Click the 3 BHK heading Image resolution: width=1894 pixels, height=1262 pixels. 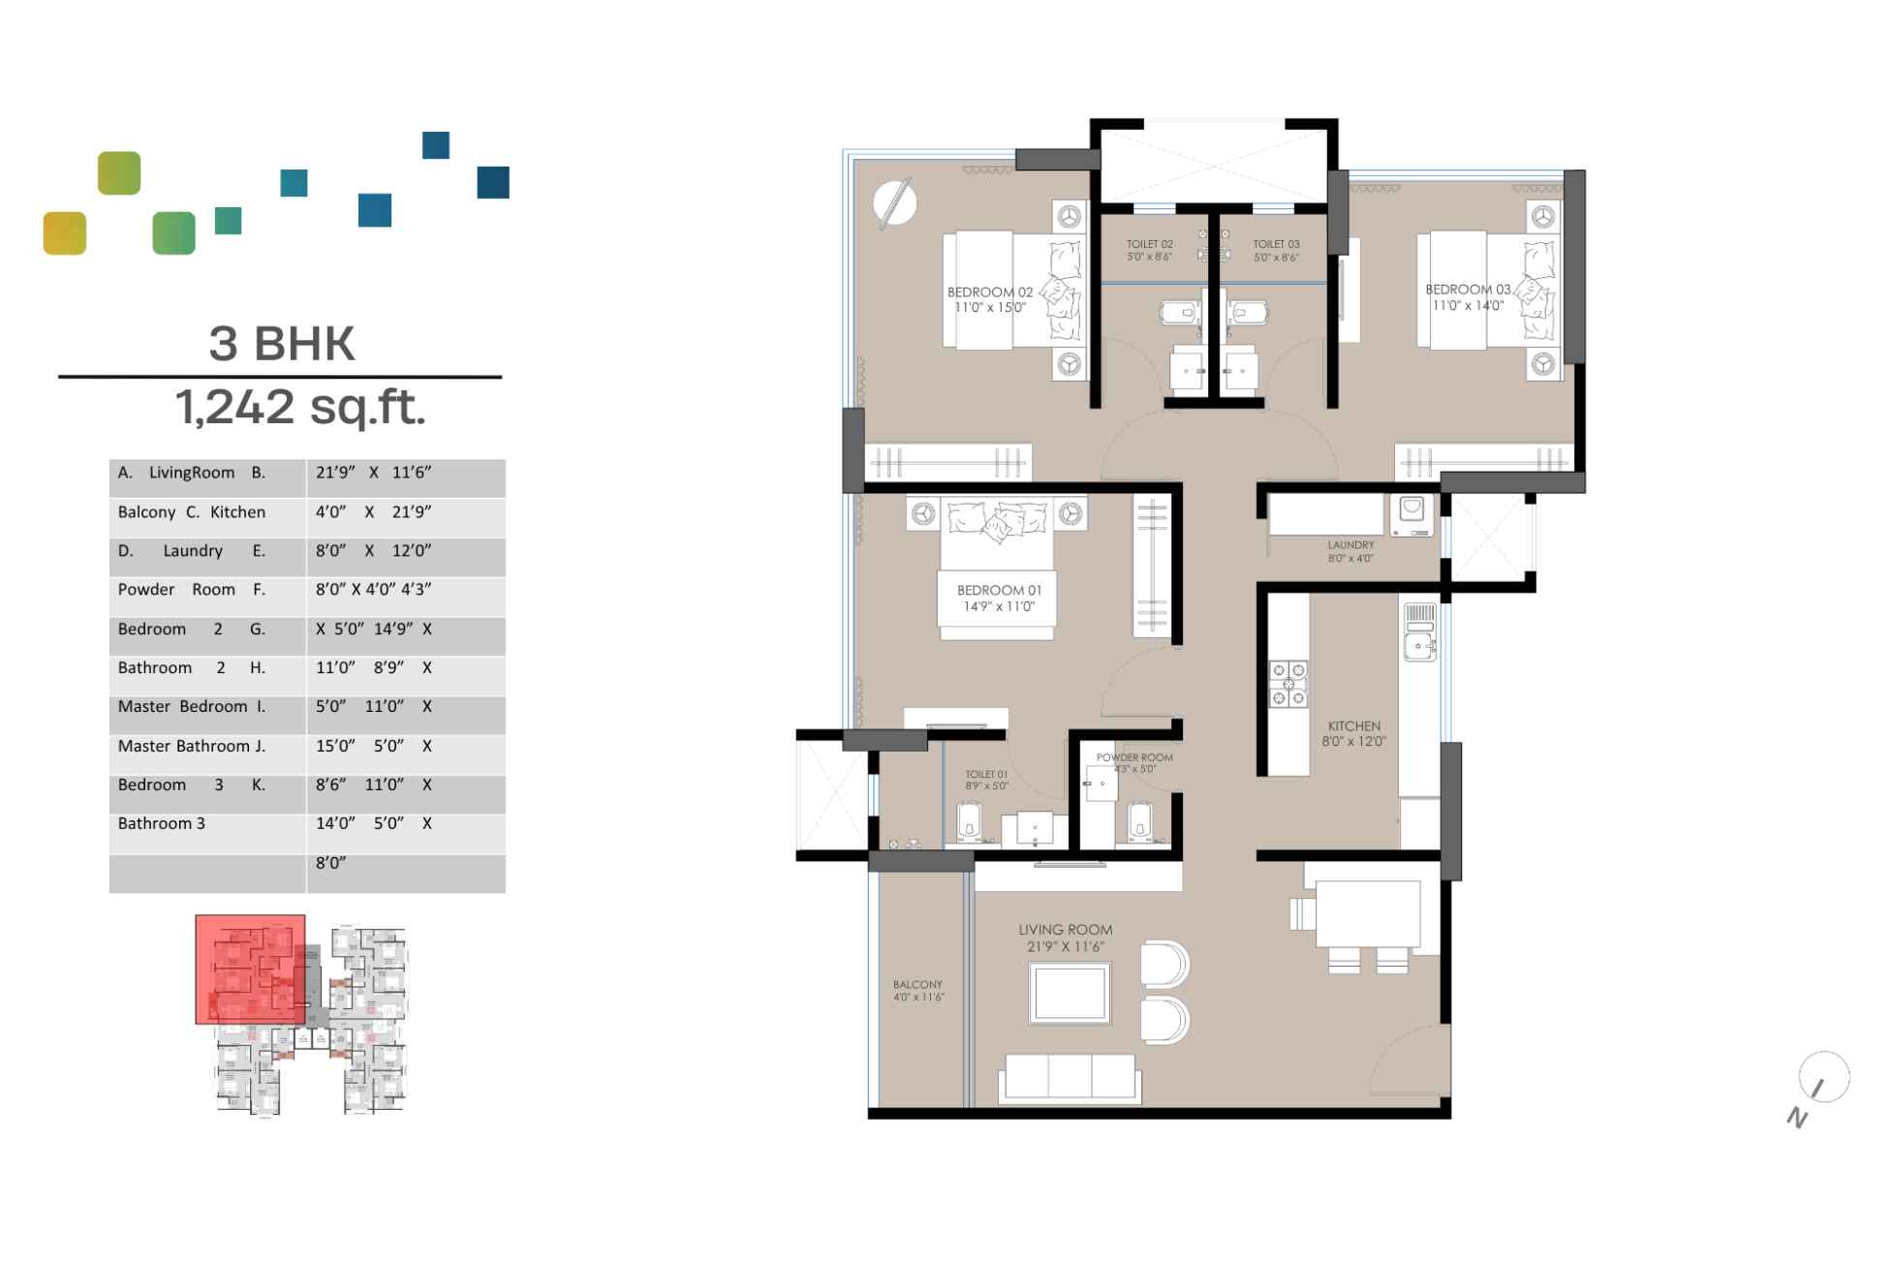(x=282, y=343)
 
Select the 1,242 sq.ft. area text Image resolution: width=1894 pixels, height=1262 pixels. (x=300, y=406)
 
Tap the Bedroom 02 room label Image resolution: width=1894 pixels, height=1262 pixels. (x=990, y=299)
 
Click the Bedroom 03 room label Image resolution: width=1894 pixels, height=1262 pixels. (x=1468, y=296)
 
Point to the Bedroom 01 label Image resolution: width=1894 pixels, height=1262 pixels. (x=999, y=598)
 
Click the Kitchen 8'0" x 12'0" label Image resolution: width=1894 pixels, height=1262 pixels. (x=1354, y=733)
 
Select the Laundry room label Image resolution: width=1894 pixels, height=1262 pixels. (x=1351, y=551)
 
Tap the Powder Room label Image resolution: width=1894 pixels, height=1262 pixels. (x=1134, y=762)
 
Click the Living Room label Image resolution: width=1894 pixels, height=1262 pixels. (x=1065, y=937)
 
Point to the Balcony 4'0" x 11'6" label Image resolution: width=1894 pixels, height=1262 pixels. (x=917, y=990)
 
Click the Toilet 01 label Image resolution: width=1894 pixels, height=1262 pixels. (x=986, y=780)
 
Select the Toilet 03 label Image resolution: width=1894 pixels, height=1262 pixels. (x=1276, y=250)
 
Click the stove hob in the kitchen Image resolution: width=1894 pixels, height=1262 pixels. (x=1289, y=684)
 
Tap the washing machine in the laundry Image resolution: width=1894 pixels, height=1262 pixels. (x=1412, y=514)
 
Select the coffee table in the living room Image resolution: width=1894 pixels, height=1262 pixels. (x=1070, y=993)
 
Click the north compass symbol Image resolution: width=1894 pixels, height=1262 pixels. (x=1822, y=1079)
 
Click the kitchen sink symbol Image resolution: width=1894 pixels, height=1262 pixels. (x=1419, y=646)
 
